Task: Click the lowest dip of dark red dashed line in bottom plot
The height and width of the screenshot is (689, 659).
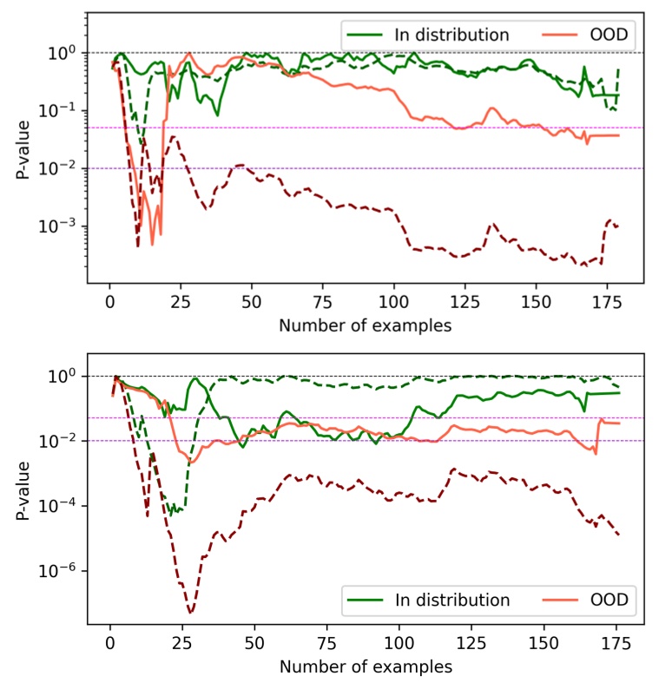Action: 190,613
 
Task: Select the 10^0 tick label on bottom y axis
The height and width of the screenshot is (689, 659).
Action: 66,376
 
